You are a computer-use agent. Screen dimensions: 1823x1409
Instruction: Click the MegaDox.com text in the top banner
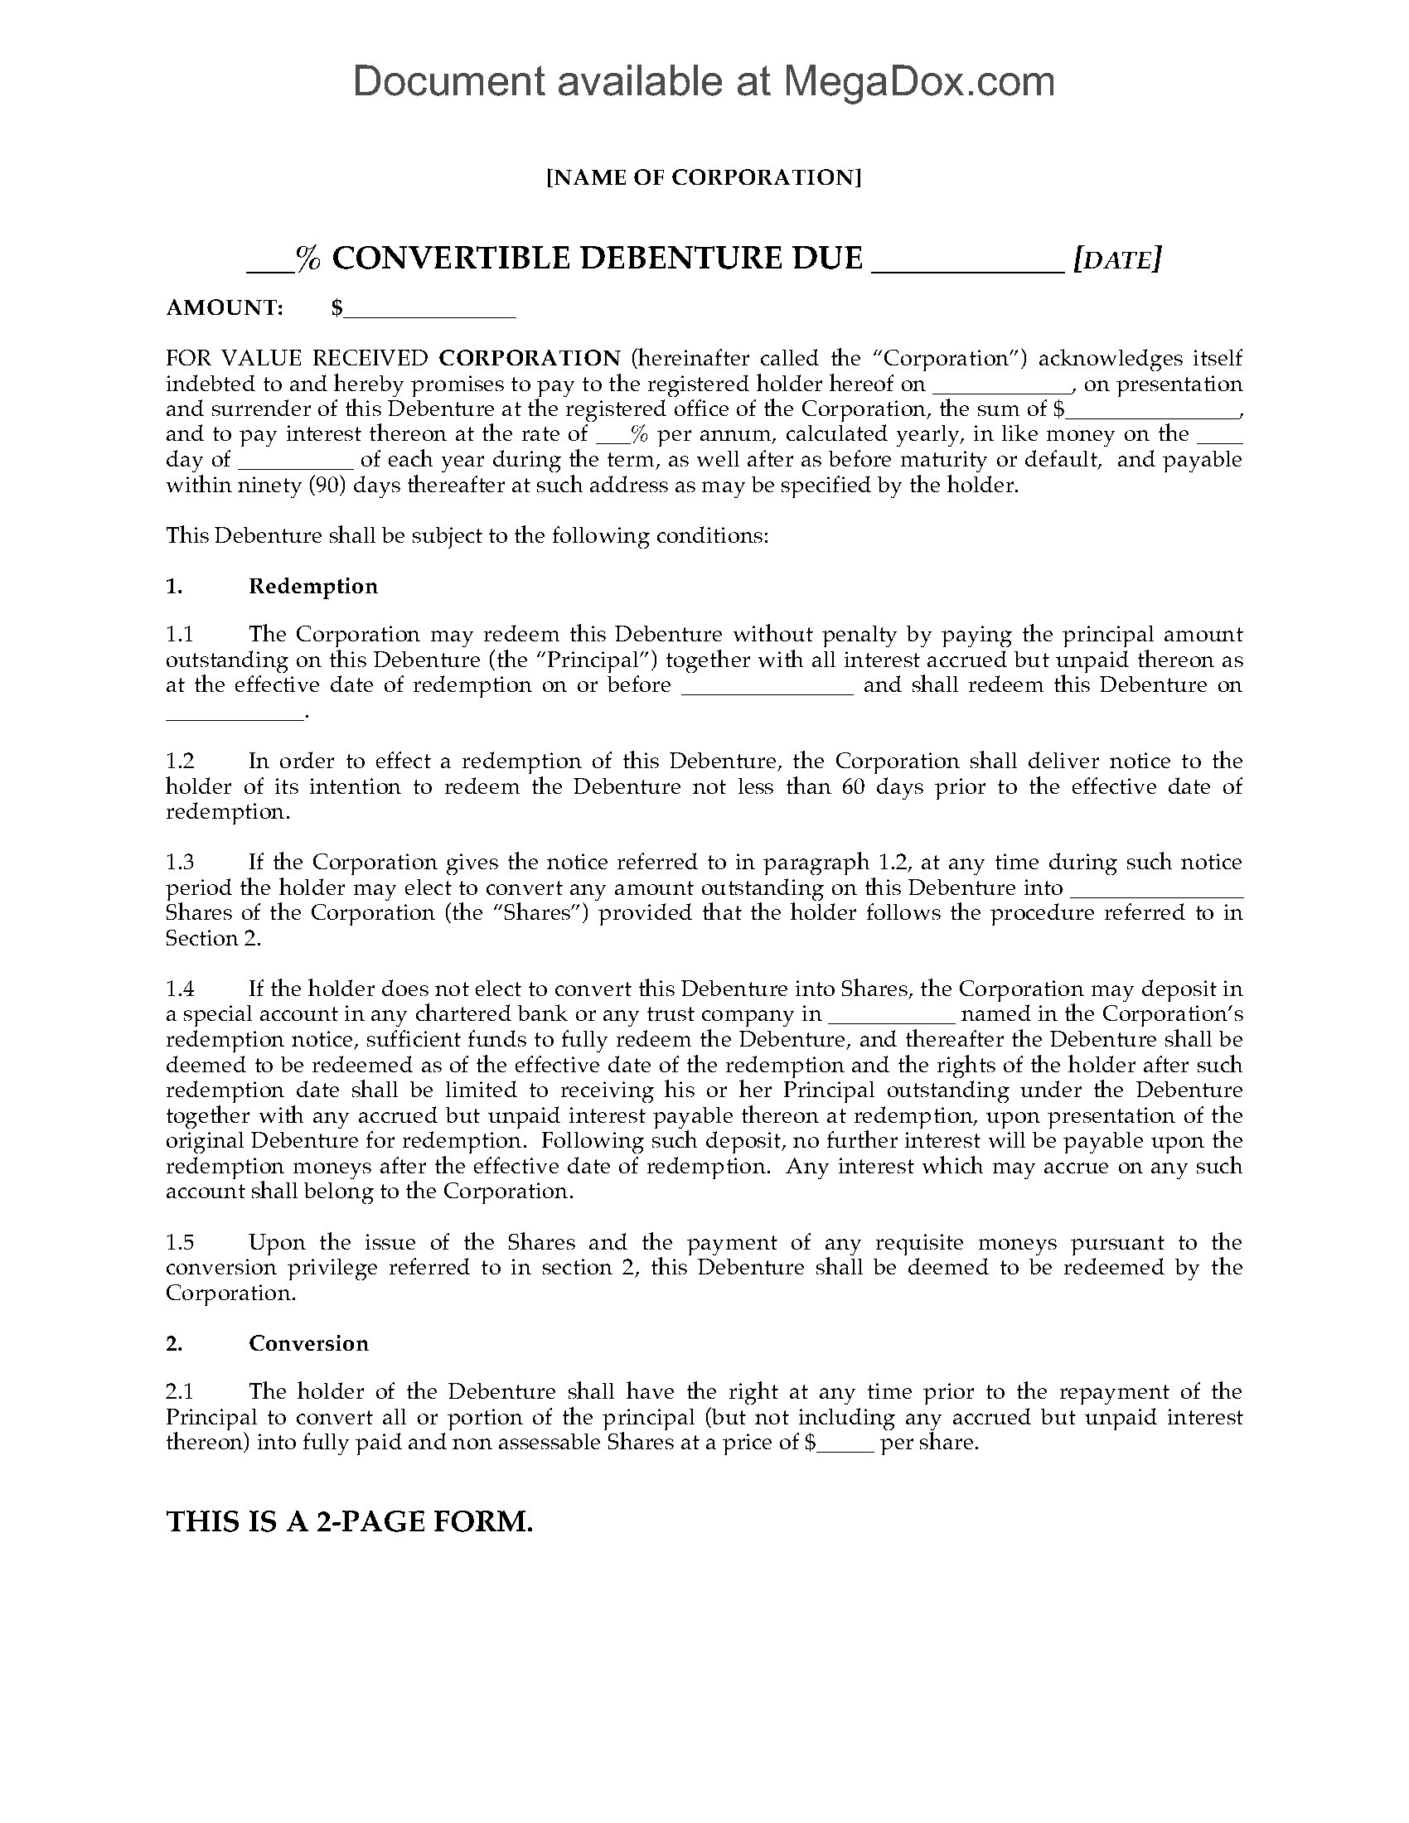click(918, 82)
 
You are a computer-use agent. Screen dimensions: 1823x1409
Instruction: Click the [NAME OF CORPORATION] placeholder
click(704, 178)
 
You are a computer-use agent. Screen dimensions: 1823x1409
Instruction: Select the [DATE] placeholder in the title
click(1117, 259)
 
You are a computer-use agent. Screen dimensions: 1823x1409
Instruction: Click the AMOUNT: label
click(225, 308)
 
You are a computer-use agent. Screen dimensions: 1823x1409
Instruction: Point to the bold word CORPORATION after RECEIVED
click(530, 358)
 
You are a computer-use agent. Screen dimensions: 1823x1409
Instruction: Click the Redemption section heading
click(313, 586)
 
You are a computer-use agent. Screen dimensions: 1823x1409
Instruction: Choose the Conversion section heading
click(308, 1343)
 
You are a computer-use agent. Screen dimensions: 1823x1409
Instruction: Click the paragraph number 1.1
click(180, 635)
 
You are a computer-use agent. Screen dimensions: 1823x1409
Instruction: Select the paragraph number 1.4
click(180, 989)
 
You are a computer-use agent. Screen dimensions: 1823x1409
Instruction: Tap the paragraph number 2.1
click(180, 1391)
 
